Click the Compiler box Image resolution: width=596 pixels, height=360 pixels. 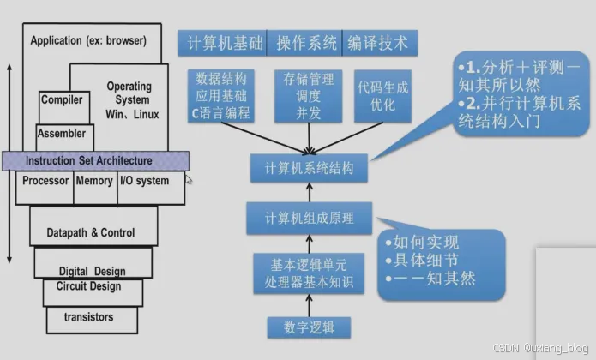point(62,100)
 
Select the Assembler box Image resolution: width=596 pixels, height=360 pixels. point(61,133)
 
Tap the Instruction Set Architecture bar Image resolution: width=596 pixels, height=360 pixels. point(94,160)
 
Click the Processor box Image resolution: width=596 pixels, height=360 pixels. point(45,181)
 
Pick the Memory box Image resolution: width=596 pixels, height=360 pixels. point(93,181)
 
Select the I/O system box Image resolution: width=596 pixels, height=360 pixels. point(143,181)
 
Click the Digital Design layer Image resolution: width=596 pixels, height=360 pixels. point(92,271)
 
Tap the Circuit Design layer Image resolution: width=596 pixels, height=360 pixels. point(89,286)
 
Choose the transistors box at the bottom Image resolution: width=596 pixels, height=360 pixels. point(88,317)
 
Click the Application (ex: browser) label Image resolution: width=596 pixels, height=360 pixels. point(88,40)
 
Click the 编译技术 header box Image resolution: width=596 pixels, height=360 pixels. point(376,42)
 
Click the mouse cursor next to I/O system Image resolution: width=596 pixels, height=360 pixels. point(190,180)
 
